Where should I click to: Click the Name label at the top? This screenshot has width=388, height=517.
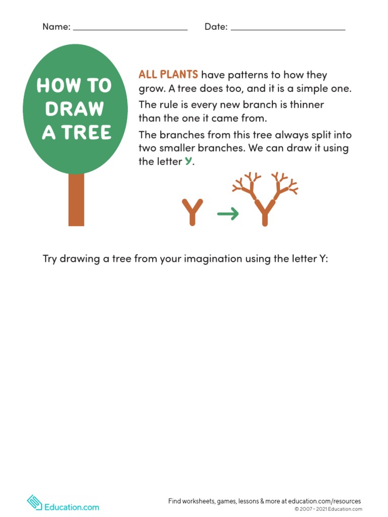tap(56, 27)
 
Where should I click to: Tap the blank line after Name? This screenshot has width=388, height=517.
tap(130, 29)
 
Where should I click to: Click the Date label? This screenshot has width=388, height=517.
tap(216, 27)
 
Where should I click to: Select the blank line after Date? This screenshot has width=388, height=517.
tap(288, 29)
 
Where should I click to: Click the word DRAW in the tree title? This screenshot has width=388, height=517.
tap(74, 109)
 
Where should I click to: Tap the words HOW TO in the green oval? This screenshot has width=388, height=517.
tap(74, 86)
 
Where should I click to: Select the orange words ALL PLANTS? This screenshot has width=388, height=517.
tap(168, 75)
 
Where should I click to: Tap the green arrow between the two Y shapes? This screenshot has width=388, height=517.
tap(228, 214)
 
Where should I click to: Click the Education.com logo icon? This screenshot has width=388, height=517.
tap(34, 502)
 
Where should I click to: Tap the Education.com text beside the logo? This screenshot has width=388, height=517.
tap(71, 507)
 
